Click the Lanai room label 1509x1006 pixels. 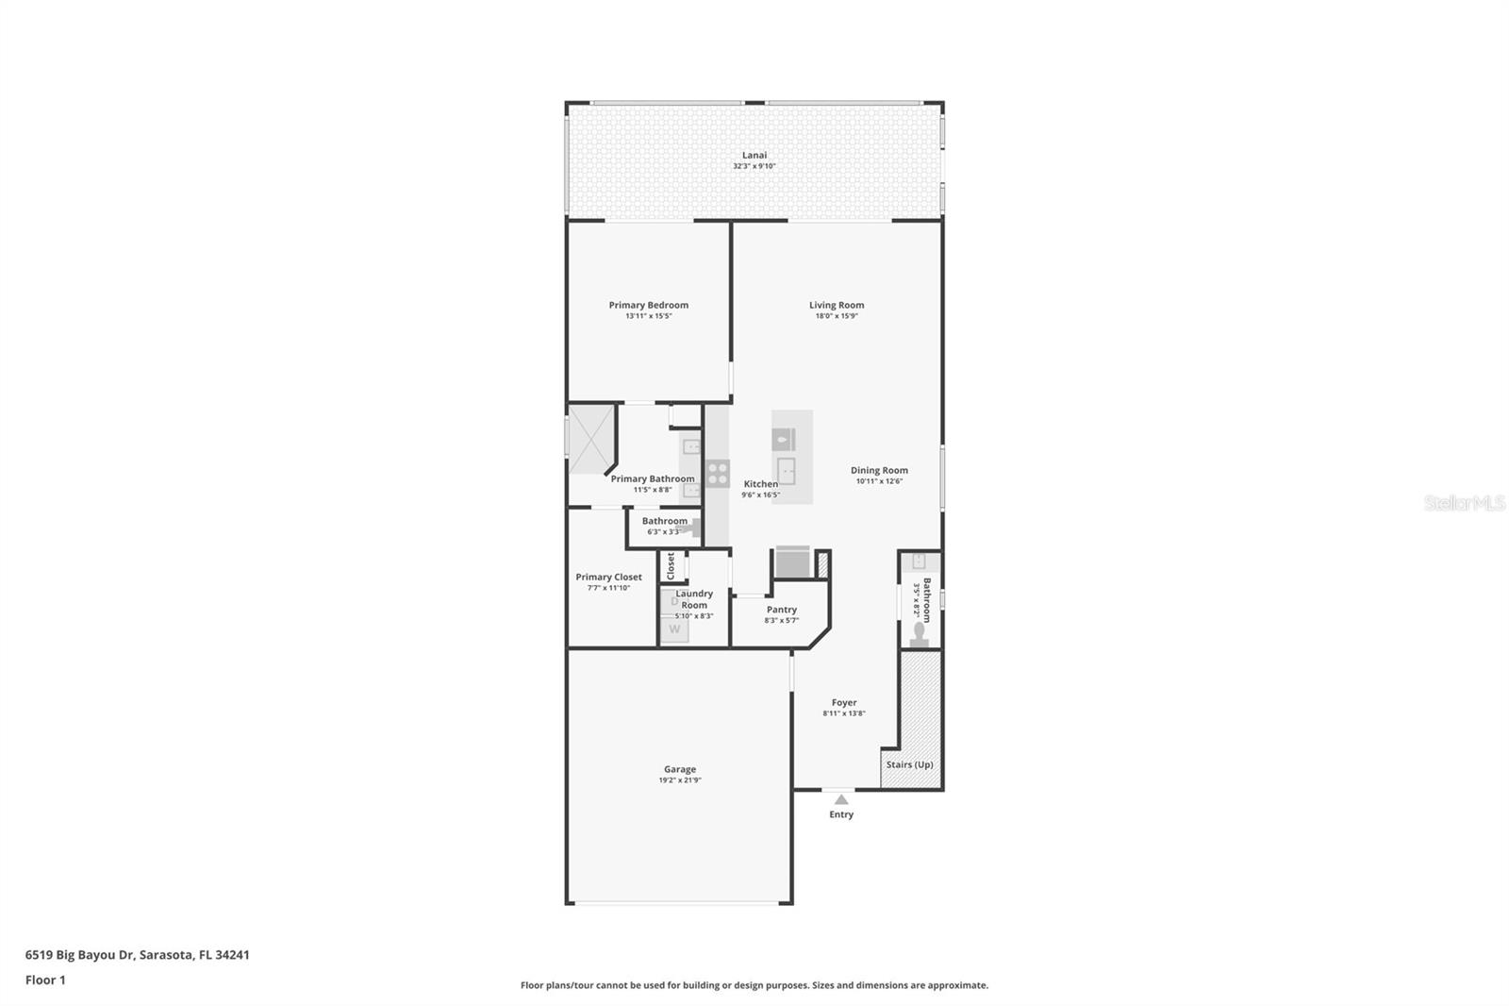coord(754,155)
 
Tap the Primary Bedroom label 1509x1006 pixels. coord(648,305)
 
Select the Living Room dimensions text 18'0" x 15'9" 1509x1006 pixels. coord(837,316)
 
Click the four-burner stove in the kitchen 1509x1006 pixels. coord(718,473)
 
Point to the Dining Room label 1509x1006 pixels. coord(879,470)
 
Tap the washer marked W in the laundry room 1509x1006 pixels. coord(674,629)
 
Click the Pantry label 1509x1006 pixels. coord(781,610)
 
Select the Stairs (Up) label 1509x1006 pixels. coord(910,764)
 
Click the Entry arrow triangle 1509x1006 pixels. coord(841,799)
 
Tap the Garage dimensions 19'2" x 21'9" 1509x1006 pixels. coord(680,780)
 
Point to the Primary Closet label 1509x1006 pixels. coord(608,577)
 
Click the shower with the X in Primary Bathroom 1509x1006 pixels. coord(590,439)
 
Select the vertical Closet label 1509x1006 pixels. coord(671,565)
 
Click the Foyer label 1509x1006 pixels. coord(844,702)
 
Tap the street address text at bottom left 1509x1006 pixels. coord(138,955)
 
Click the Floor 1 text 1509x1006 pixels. coord(45,981)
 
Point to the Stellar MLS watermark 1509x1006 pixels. coord(1464,503)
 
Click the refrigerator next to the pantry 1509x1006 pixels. coord(792,563)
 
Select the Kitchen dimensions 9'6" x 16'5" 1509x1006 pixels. coord(760,495)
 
